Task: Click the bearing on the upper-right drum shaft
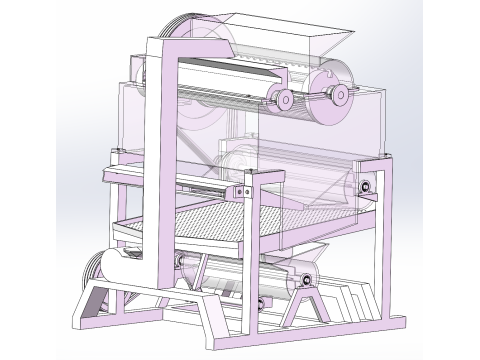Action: pyautogui.click(x=341, y=93)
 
